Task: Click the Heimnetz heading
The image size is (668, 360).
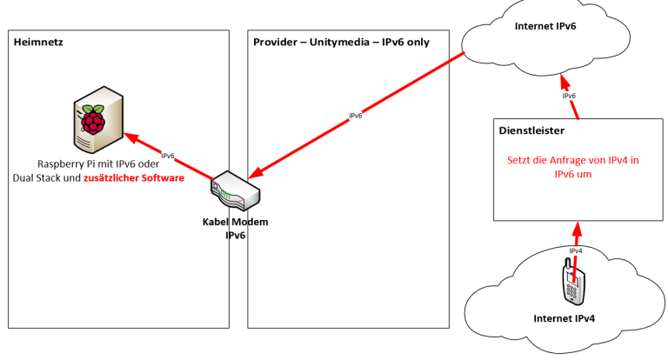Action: (x=37, y=42)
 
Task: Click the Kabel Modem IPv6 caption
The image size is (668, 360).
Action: (x=230, y=228)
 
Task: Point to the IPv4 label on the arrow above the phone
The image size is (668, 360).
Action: (x=576, y=250)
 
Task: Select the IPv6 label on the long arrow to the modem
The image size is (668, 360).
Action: (x=355, y=116)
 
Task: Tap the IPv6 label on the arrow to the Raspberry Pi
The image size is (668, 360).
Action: (x=168, y=157)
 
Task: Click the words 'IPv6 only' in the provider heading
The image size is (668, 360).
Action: (x=406, y=42)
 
